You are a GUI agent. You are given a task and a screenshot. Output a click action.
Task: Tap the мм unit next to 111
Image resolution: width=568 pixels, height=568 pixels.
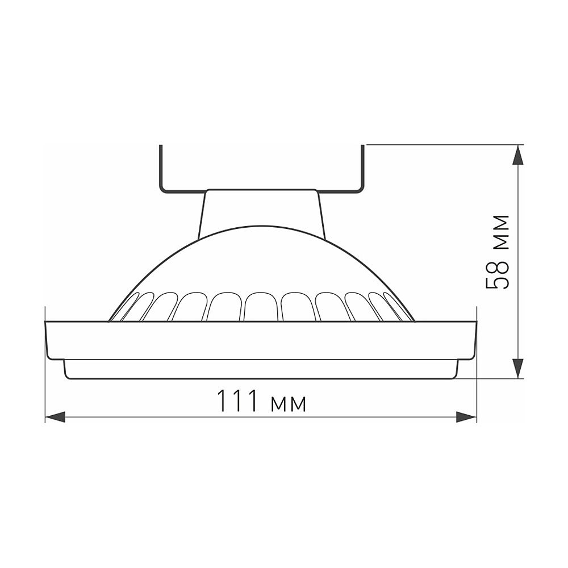(x=289, y=403)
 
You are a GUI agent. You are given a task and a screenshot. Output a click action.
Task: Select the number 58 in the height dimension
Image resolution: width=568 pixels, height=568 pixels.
(x=498, y=275)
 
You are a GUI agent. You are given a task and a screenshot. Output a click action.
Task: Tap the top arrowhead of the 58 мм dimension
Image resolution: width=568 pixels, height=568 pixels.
(x=517, y=155)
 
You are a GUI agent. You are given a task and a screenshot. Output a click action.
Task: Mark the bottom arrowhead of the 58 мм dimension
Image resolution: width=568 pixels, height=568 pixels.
(x=517, y=368)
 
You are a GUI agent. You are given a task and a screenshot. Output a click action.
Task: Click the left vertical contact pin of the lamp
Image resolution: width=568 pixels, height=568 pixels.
(x=161, y=168)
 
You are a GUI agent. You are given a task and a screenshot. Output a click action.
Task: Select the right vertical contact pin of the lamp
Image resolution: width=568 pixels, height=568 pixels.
(x=362, y=168)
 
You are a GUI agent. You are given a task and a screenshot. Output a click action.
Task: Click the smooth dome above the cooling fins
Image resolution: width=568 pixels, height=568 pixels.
(x=262, y=258)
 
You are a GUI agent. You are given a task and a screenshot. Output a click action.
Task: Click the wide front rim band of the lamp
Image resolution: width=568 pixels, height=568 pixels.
(x=261, y=340)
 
